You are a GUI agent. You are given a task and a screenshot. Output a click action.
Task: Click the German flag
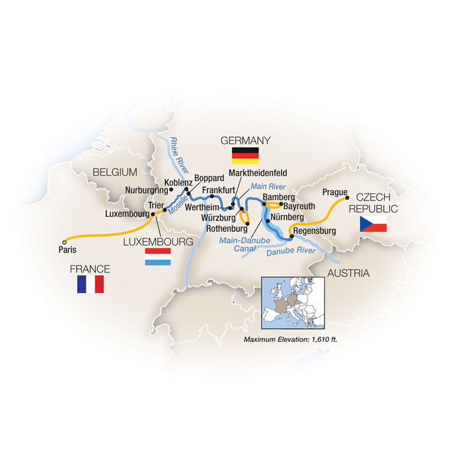point(245,156)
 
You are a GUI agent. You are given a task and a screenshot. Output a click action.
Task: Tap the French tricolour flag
point(91,283)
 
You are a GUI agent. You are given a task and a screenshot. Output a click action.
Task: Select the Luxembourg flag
point(158,256)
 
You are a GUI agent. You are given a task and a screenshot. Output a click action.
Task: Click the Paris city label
point(64,247)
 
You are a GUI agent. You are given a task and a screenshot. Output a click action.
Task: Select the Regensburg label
point(314,231)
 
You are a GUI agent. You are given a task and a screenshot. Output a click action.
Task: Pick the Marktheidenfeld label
point(258,174)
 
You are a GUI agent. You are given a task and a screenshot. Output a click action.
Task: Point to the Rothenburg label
point(228,228)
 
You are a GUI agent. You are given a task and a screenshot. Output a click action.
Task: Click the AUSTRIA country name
point(348,273)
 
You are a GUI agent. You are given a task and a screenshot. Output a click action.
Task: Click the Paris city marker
point(64,239)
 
